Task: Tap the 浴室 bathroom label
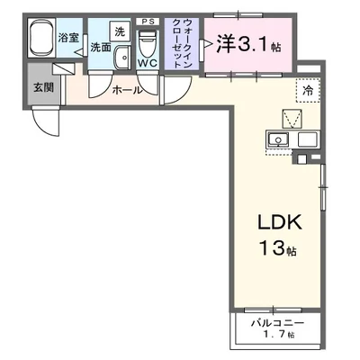point(68,39)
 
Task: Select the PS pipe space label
point(147,20)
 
